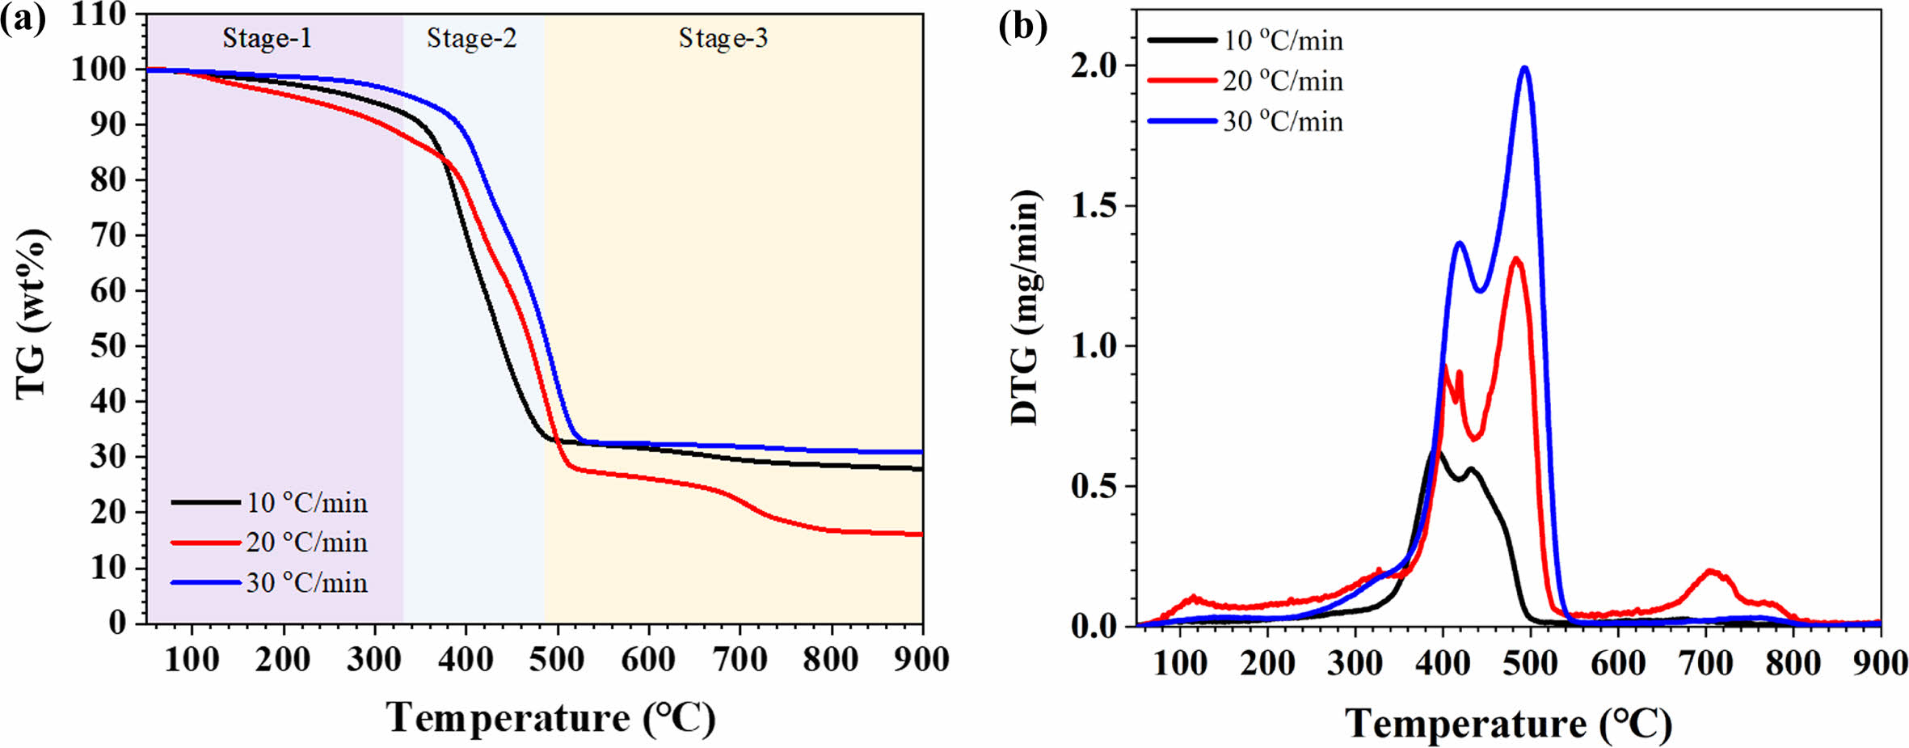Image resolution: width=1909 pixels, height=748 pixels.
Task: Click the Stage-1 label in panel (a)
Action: tap(267, 38)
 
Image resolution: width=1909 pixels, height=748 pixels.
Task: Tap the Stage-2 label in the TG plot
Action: tap(471, 38)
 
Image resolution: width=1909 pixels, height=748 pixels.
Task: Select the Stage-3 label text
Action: tap(723, 38)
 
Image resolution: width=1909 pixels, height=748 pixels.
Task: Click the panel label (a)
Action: tap(23, 19)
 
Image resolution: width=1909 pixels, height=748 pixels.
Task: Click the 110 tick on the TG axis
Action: tap(99, 14)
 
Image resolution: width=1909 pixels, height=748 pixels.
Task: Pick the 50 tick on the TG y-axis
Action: tap(108, 346)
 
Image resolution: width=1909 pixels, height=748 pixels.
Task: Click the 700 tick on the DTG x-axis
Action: tap(1705, 664)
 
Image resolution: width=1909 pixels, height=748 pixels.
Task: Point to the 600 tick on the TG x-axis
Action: tap(648, 660)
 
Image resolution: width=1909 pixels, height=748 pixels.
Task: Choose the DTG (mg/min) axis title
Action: tap(1025, 307)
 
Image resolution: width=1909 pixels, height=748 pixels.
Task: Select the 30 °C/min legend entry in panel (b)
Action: tap(1282, 121)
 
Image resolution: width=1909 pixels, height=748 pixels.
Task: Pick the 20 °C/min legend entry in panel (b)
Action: tap(1282, 81)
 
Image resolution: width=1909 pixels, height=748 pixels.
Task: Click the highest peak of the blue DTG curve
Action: tap(1525, 67)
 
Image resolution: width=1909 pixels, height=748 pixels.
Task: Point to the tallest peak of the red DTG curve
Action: tap(1515, 259)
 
